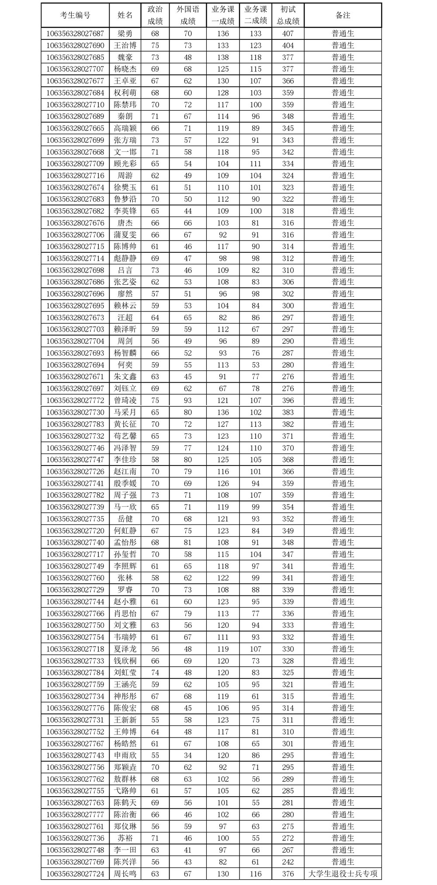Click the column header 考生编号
(75, 15)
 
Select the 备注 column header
(343, 15)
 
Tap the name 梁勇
(125, 34)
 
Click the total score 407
(288, 34)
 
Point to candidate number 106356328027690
(75, 45)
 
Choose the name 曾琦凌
(125, 400)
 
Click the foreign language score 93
(188, 400)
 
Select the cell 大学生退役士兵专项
(343, 874)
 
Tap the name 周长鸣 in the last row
(125, 874)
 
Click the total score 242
(288, 862)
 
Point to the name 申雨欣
(125, 756)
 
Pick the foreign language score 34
(188, 756)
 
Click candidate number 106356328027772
(75, 400)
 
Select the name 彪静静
(125, 259)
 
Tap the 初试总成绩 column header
(288, 15)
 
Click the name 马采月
(125, 412)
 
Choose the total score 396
(288, 400)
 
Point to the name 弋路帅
(125, 791)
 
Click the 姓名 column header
(125, 15)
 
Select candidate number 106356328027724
(75, 874)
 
